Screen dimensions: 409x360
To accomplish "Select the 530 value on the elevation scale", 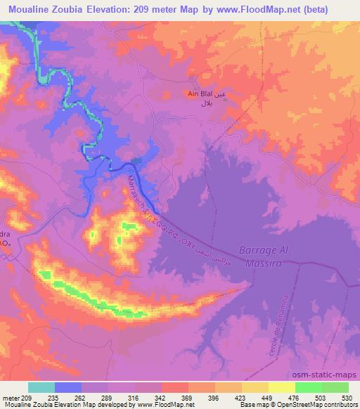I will pos(347,397).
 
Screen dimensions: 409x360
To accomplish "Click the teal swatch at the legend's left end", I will pos(41,387).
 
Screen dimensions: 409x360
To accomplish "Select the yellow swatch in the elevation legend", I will pos(255,387).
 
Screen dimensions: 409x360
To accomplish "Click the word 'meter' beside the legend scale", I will pos(11,397).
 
